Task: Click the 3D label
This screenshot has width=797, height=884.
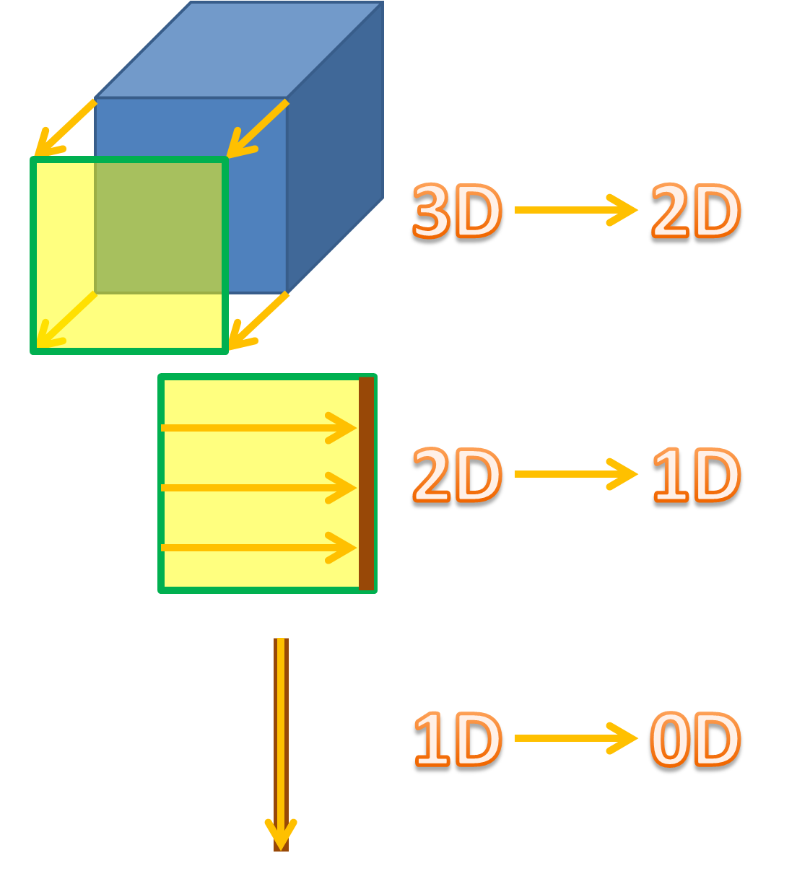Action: tap(456, 211)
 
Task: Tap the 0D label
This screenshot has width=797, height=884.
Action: tap(694, 740)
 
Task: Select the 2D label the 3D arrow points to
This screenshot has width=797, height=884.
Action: tap(694, 211)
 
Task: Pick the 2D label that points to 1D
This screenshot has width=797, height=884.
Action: tap(456, 475)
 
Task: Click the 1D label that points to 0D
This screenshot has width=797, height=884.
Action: tap(456, 740)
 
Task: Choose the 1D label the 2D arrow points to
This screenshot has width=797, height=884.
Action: tap(694, 475)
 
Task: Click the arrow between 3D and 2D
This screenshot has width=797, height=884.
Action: tap(575, 210)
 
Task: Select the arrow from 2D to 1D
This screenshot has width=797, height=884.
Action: tap(575, 474)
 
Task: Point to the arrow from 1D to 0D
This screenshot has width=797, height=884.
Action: tap(575, 738)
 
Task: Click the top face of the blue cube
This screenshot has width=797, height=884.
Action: tap(238, 49)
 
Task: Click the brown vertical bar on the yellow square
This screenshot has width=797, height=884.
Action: tap(366, 483)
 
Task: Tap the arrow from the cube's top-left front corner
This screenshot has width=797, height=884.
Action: tap(65, 128)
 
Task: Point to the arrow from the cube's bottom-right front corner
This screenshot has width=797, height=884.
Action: tap(258, 321)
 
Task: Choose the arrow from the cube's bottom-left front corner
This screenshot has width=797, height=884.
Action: tap(66, 320)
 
